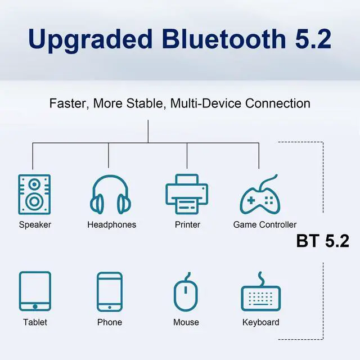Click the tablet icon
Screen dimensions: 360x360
35,291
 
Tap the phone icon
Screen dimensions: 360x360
109,291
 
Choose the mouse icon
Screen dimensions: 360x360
186,291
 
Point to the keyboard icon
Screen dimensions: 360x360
260,292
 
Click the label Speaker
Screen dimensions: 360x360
35,225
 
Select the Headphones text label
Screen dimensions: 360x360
111,225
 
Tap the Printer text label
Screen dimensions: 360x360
187,225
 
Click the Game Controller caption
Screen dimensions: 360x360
264,225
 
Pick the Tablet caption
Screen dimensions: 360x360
35,322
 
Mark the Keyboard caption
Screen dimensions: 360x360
260,322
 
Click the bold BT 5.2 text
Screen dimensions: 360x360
322,241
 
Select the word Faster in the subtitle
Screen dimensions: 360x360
68,103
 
